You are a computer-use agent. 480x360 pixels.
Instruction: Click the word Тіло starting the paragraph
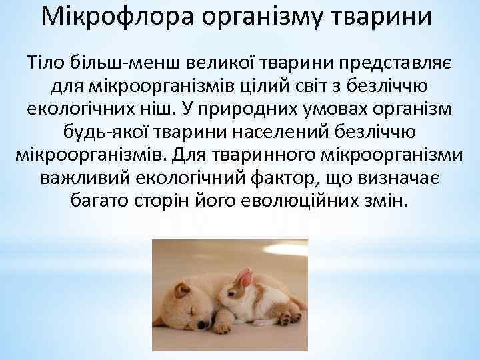[43, 64]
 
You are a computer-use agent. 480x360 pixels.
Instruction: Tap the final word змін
[384, 201]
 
